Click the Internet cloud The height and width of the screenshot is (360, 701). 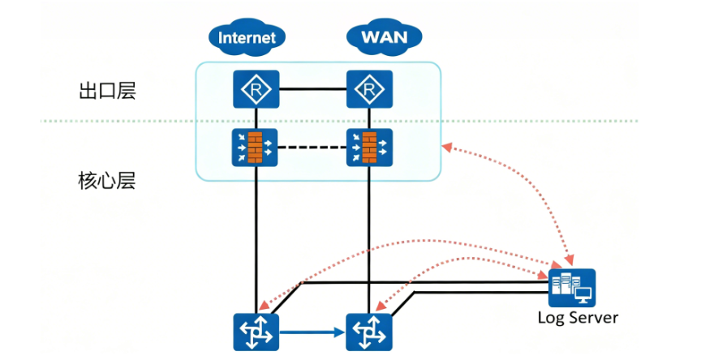coord(247,36)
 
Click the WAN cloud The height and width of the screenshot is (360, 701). coord(384,36)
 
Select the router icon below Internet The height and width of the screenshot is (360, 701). coord(256,88)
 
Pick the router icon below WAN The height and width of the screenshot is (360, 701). coord(369,88)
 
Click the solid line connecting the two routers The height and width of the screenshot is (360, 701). coord(312,88)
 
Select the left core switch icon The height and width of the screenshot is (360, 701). coord(256,332)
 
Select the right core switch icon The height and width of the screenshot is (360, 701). coord(369,332)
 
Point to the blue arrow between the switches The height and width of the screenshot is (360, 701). coord(312,332)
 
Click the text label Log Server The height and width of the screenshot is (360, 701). coord(577,317)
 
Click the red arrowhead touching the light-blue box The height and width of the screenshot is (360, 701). coord(446,147)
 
